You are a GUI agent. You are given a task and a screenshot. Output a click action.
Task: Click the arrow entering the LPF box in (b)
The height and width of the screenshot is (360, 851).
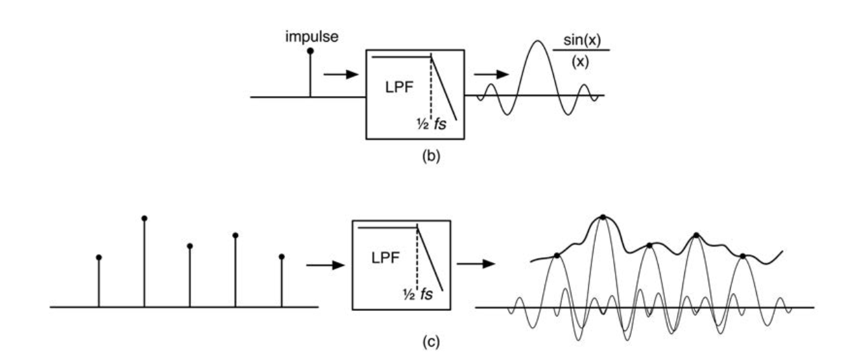tap(339, 73)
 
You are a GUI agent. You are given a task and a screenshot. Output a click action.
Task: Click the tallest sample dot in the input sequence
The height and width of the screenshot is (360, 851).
tap(145, 218)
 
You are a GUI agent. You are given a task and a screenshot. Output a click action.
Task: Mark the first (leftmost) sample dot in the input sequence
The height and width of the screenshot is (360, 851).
tap(99, 257)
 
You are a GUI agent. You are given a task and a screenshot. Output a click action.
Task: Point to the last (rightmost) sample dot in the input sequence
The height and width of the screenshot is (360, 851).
tap(282, 257)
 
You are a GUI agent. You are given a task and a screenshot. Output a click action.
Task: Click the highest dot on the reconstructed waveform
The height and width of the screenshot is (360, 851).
tap(603, 217)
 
